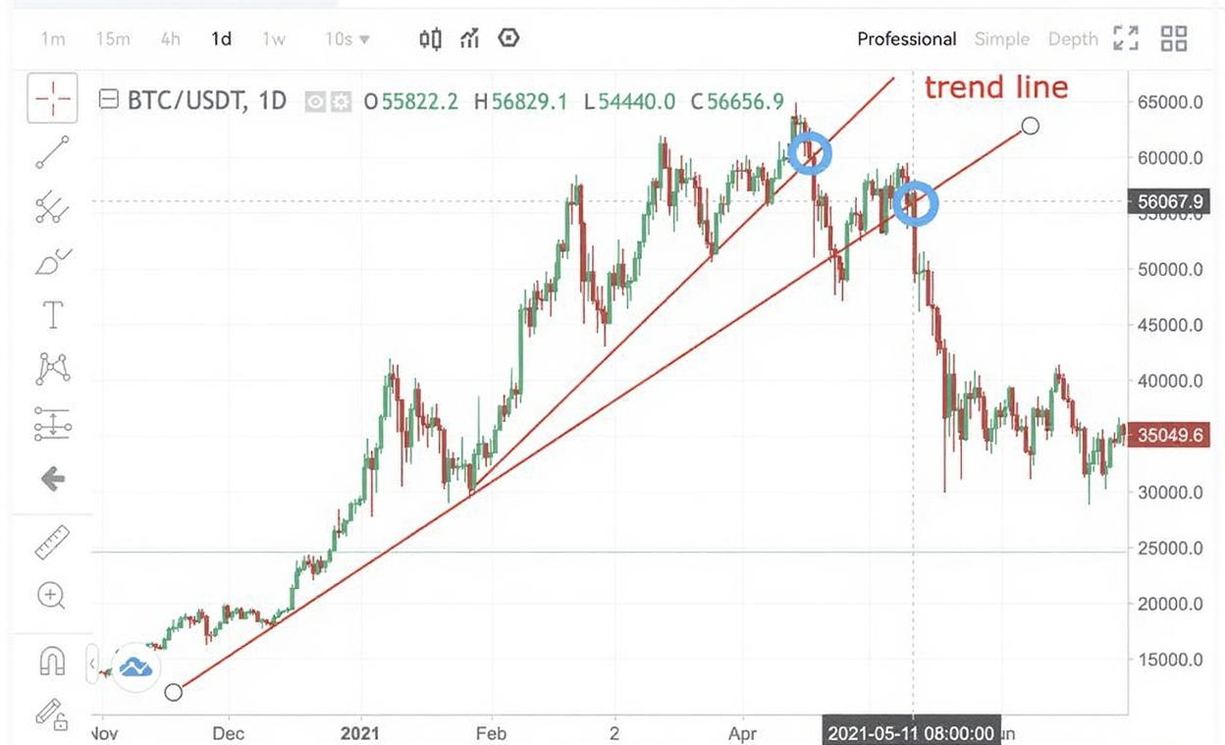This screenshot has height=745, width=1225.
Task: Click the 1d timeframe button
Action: tap(221, 39)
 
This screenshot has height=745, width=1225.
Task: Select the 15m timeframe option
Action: tap(113, 39)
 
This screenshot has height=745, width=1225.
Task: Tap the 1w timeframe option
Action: tap(274, 39)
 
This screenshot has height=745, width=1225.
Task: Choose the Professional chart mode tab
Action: tap(906, 39)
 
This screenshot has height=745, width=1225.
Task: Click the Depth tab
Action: tap(1072, 39)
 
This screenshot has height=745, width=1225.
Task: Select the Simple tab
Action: tap(1001, 39)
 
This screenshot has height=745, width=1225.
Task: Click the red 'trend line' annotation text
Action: tap(995, 87)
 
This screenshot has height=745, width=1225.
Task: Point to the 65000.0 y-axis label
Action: tap(1169, 102)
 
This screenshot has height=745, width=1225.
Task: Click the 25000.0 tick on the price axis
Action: tap(1169, 548)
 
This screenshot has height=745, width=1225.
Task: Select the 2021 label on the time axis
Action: tap(360, 732)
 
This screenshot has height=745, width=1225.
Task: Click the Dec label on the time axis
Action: tap(228, 732)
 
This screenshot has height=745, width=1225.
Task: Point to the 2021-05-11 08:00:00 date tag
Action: tap(912, 732)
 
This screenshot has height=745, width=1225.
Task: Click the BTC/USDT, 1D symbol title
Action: tap(206, 100)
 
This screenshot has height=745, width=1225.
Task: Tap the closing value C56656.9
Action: tap(737, 101)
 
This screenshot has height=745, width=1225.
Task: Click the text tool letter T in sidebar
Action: tap(52, 315)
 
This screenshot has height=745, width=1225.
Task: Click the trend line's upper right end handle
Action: tap(1030, 126)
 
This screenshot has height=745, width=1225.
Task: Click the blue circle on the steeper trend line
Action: tap(811, 154)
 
